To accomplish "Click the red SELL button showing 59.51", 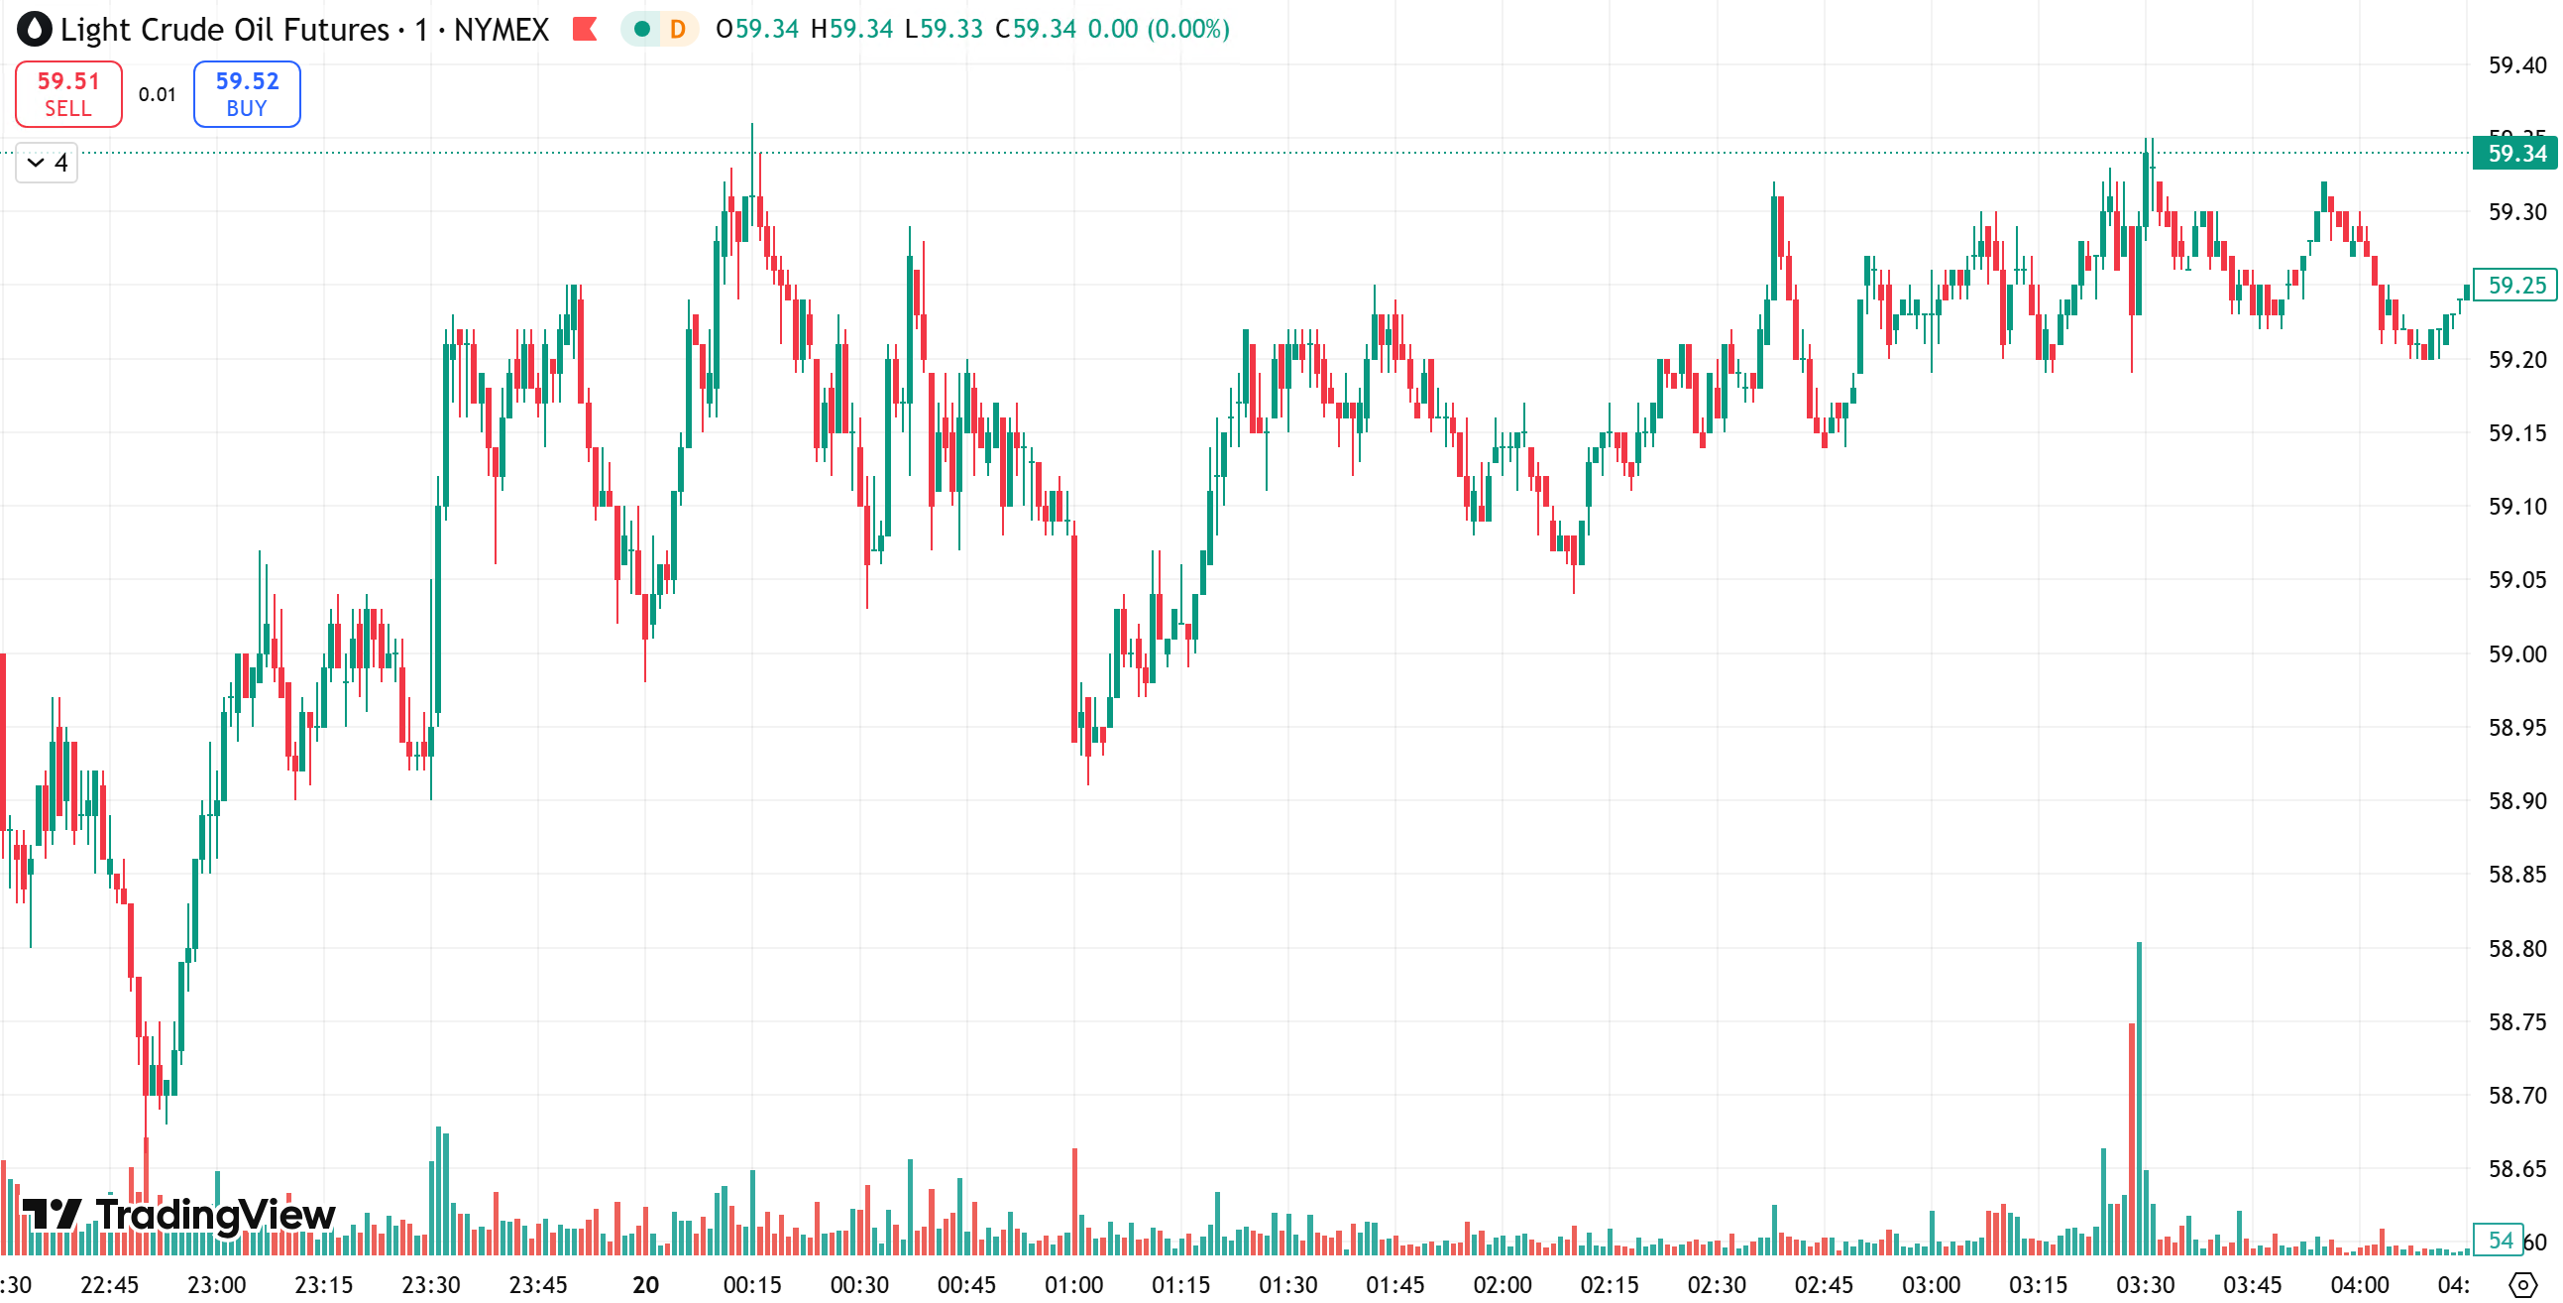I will click(x=68, y=93).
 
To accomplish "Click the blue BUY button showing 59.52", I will click(x=247, y=93).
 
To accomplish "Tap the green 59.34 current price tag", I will click(x=2514, y=154).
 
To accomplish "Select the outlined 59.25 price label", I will click(x=2514, y=285).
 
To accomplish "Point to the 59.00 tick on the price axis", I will click(x=2516, y=654).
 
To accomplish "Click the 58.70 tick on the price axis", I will click(x=2516, y=1095).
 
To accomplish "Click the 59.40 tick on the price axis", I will click(x=2516, y=65).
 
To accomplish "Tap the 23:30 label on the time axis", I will click(x=430, y=1285).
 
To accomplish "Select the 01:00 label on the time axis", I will click(x=1073, y=1285).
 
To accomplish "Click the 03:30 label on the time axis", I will click(x=2145, y=1285).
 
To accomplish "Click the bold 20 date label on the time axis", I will click(x=646, y=1285).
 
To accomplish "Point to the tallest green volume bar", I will click(x=2139, y=1095).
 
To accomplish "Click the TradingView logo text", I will click(x=215, y=1215).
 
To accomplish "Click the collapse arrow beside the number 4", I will click(x=36, y=163).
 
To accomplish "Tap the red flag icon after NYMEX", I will click(x=585, y=29).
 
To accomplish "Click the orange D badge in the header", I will click(x=678, y=29).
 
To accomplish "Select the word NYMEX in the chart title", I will click(x=501, y=29).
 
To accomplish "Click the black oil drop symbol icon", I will click(x=34, y=29).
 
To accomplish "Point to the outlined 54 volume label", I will click(x=2501, y=1240).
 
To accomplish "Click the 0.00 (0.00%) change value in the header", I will click(x=1159, y=29).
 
